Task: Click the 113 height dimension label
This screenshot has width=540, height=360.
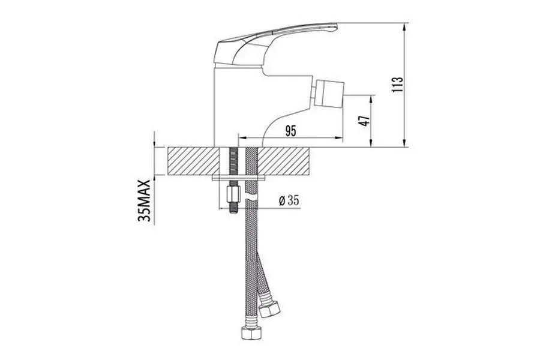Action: click(397, 85)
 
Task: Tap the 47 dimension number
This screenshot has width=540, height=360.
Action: click(364, 121)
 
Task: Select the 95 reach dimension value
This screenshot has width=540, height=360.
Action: click(290, 131)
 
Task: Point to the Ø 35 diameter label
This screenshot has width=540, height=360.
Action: click(289, 201)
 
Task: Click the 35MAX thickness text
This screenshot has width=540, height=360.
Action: click(144, 201)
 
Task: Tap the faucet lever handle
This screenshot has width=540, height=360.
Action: click(275, 43)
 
